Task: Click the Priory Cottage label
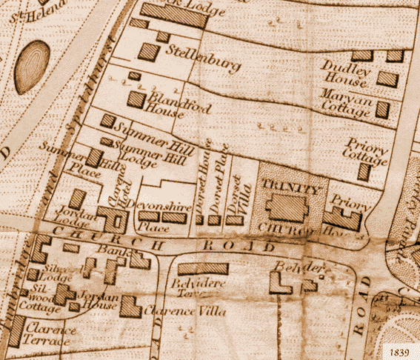point(365,150)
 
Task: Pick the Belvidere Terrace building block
point(202,268)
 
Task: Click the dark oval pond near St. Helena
point(32,67)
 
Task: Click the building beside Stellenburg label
point(148,52)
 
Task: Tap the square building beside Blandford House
point(136,100)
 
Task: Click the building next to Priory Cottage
point(364,171)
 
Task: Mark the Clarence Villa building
point(131,307)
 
